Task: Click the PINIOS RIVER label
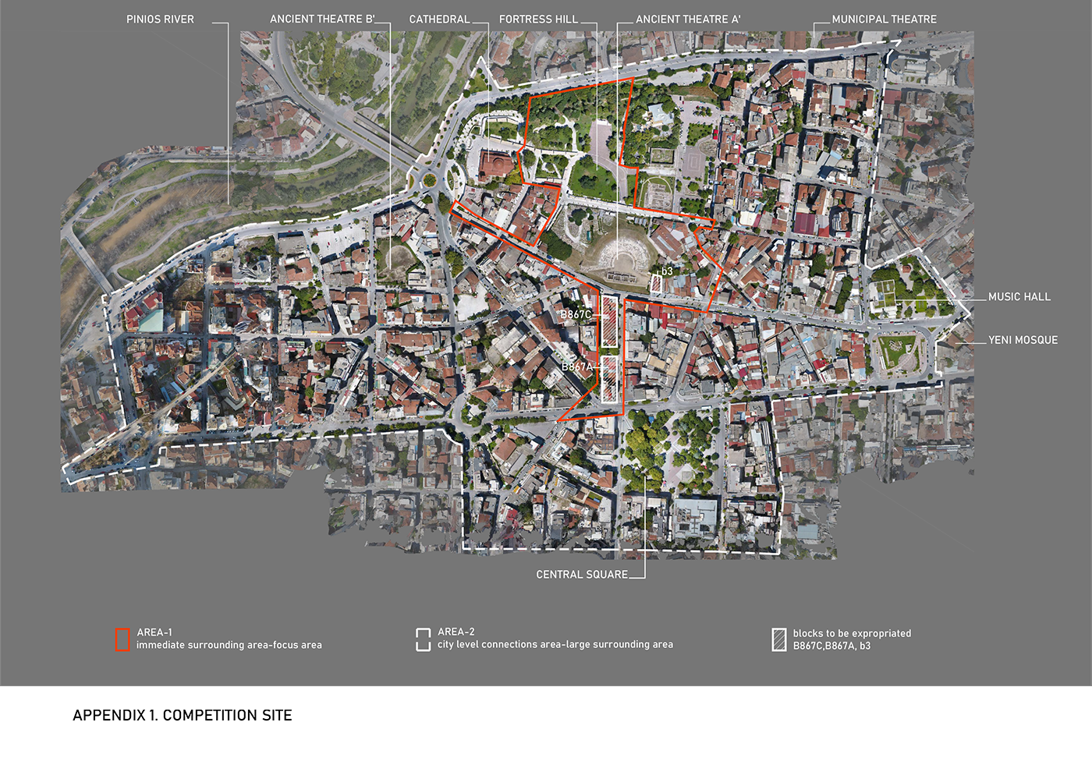pos(160,19)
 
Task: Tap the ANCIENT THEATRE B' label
pos(322,19)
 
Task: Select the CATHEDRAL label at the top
pos(439,19)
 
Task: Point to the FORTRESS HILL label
pos(538,19)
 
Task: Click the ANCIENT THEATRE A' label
pos(688,19)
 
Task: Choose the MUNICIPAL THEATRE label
pos(884,19)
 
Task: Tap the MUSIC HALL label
pos(1019,297)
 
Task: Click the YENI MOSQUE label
pos(1023,340)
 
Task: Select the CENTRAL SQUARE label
pos(582,575)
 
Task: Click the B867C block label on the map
pos(576,315)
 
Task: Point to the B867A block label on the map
pos(577,367)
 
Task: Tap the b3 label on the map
pos(667,271)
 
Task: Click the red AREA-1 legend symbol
pos(122,639)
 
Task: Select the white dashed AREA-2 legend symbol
pos(424,639)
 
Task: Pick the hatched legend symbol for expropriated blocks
pos(779,639)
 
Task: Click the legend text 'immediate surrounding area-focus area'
pos(229,645)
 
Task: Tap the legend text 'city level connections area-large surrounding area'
pos(555,644)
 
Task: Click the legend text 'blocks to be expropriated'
pos(852,633)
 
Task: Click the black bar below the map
pos(182,715)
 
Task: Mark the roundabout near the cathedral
pos(429,180)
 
